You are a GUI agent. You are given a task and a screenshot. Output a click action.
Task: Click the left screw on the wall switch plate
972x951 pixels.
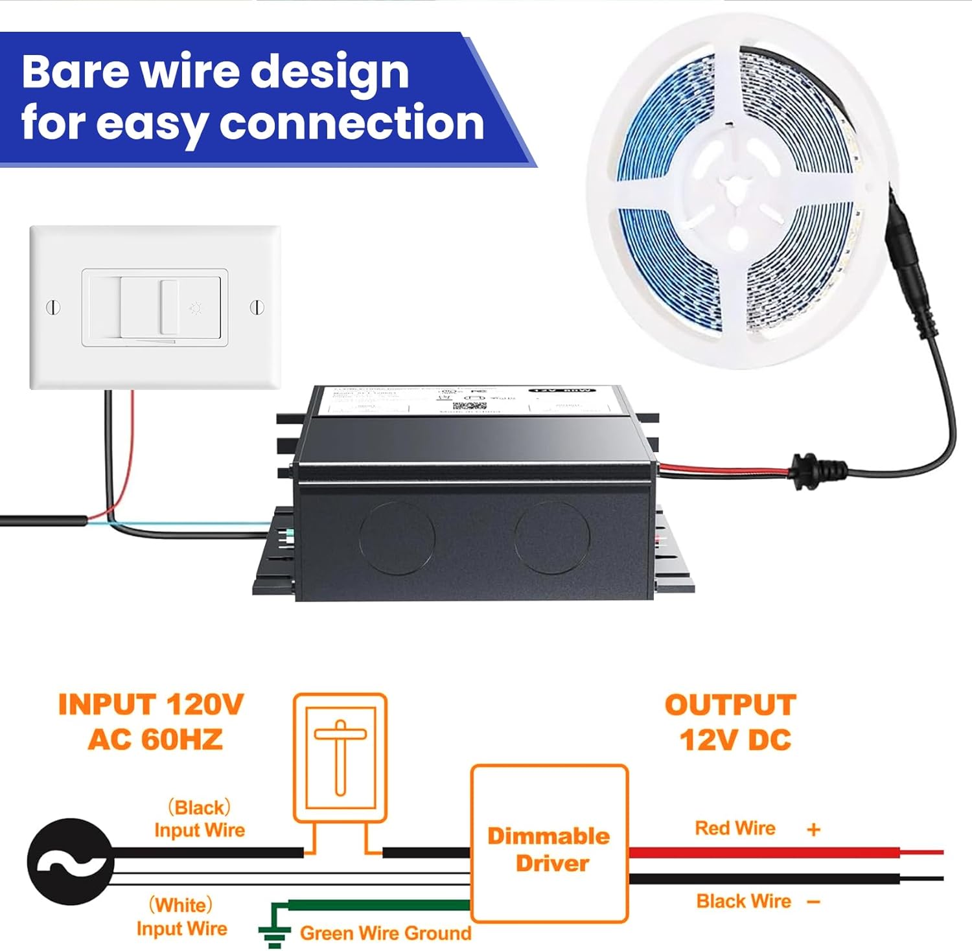pyautogui.click(x=54, y=307)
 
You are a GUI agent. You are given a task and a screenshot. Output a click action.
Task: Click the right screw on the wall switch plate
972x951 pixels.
pyautogui.click(x=257, y=307)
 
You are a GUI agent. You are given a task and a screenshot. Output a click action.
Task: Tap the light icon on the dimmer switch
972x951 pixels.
pyautogui.click(x=195, y=308)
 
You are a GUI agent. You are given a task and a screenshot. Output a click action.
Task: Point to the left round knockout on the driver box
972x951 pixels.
pyautogui.click(x=397, y=537)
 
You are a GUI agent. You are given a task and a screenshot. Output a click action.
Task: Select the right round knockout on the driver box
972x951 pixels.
pyautogui.click(x=552, y=537)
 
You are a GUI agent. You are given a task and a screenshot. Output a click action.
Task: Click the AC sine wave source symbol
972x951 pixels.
pyautogui.click(x=70, y=862)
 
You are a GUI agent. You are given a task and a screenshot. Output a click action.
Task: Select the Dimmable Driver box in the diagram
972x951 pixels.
pyautogui.click(x=550, y=843)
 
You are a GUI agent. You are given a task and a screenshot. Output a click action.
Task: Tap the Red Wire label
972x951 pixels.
pyautogui.click(x=735, y=828)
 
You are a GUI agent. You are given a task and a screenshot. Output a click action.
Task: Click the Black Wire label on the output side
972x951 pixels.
pyautogui.click(x=743, y=901)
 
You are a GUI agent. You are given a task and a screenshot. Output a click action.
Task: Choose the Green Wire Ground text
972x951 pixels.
pyautogui.click(x=386, y=933)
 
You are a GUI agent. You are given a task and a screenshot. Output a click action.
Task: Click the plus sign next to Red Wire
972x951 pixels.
pyautogui.click(x=814, y=829)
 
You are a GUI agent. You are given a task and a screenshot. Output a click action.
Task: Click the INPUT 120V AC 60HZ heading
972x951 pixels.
pyautogui.click(x=152, y=722)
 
